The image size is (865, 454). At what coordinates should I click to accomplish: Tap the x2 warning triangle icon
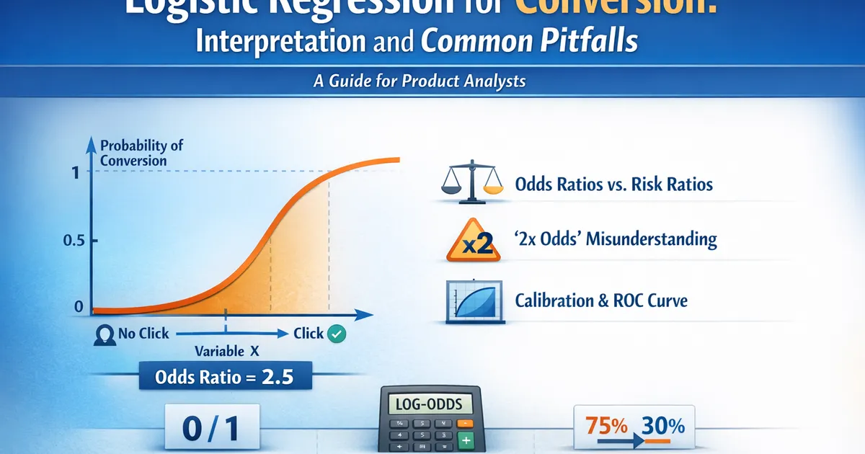[x=473, y=240]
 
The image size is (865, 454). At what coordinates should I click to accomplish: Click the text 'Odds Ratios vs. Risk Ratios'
[x=613, y=184]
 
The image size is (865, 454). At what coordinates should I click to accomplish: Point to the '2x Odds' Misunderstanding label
[x=616, y=239]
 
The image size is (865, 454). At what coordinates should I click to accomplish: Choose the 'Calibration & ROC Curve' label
[x=601, y=300]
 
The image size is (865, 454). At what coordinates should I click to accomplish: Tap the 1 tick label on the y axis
[x=77, y=172]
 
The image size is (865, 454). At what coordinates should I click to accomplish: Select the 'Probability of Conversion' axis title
[x=141, y=152]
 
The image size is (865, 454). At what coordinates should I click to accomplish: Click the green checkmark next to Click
[x=337, y=334]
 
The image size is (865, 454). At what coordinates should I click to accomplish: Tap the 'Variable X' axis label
[x=226, y=352]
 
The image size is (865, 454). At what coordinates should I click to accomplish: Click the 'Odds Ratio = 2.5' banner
[x=224, y=378]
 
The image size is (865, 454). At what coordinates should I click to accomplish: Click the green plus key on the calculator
[x=466, y=440]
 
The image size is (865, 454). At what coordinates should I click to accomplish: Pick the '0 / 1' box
[x=211, y=429]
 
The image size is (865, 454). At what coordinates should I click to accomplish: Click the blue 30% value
[x=662, y=425]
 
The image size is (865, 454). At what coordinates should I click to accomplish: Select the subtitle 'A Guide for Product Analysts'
[x=420, y=81]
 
